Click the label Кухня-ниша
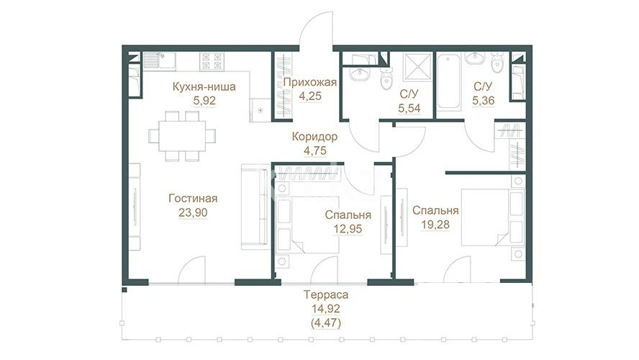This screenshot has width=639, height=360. coord(204,87)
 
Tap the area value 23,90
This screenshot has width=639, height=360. coord(193,213)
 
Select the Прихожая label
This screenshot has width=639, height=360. coord(310,82)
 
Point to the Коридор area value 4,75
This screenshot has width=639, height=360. coord(315,151)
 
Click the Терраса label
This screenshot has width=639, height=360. coord(326,294)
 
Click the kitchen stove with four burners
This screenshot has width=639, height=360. coord(212,60)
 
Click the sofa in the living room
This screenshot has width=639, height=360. coord(255,207)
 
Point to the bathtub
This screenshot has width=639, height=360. coord(449,81)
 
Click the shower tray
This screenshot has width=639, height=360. coord(417,67)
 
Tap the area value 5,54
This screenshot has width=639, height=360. coord(409,109)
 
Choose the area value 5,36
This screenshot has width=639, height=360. coord(484,100)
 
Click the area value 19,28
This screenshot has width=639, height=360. coord(435,225)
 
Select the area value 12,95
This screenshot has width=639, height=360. coord(348,229)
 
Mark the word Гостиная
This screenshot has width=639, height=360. coord(193,199)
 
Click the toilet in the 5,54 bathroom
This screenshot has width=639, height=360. coord(386,78)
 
